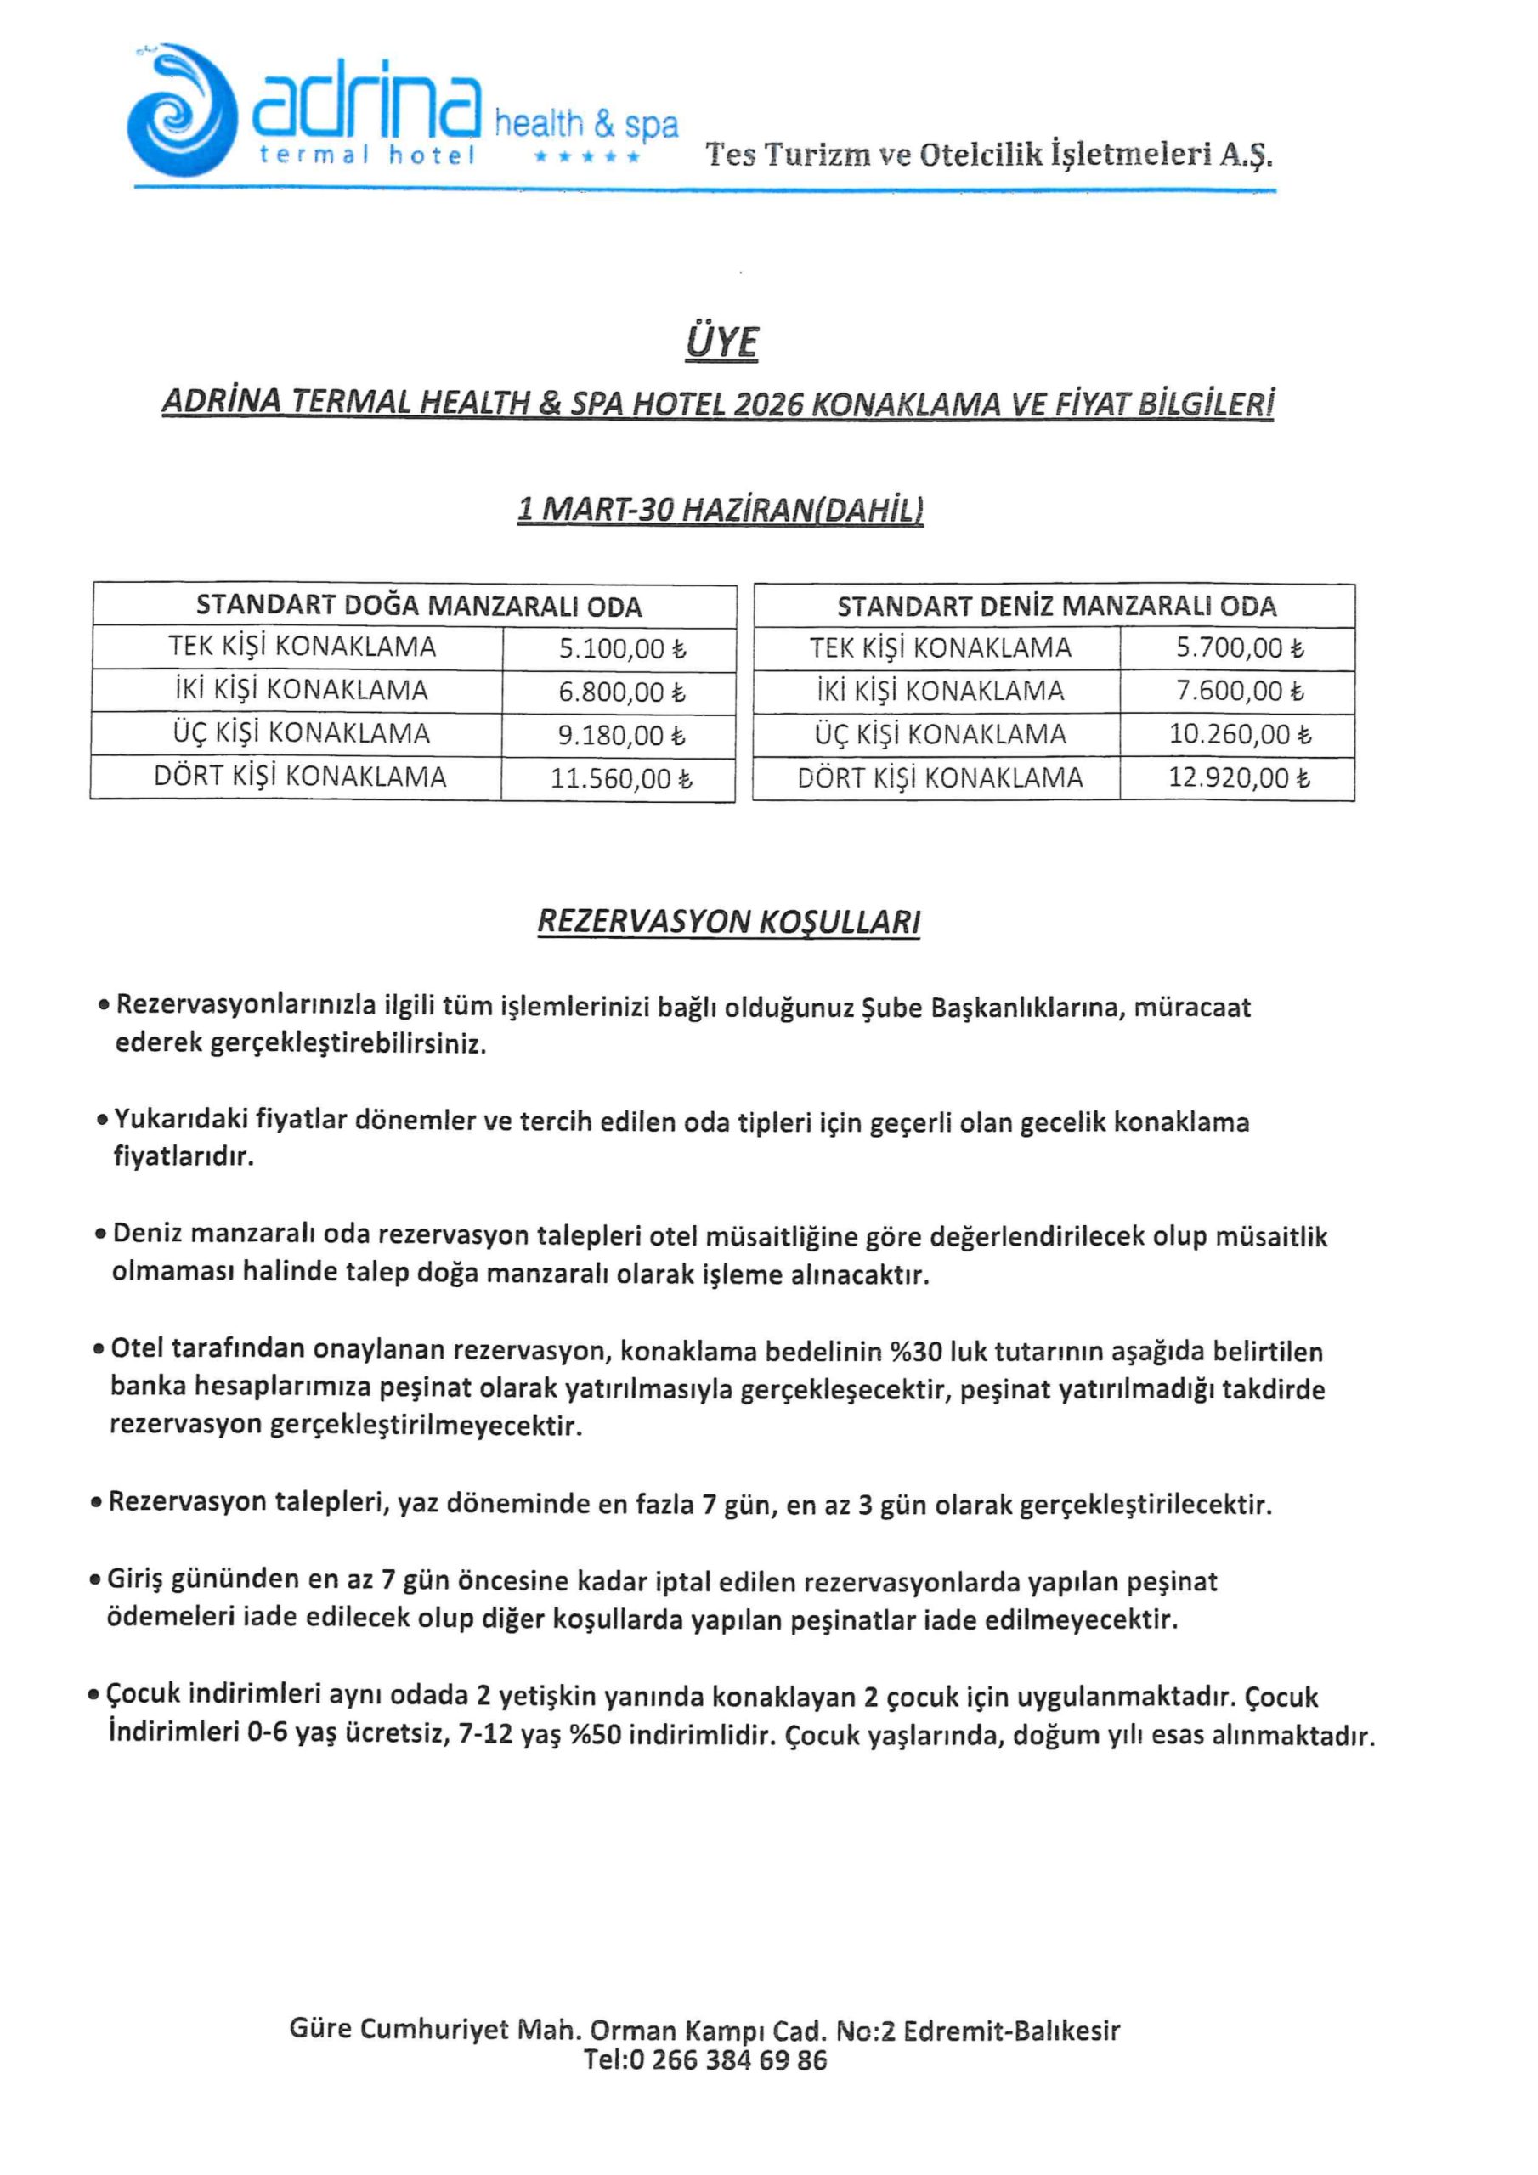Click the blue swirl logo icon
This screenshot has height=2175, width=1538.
(180, 110)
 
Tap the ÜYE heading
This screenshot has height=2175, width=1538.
(721, 342)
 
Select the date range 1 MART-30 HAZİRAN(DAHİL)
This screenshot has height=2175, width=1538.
(721, 511)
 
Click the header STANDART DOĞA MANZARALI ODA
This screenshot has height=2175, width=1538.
(419, 607)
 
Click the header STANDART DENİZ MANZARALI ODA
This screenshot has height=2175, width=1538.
(1056, 607)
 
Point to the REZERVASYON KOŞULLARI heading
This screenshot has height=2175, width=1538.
(729, 922)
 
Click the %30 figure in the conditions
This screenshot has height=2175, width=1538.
(915, 1351)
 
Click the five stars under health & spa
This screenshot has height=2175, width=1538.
(587, 156)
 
